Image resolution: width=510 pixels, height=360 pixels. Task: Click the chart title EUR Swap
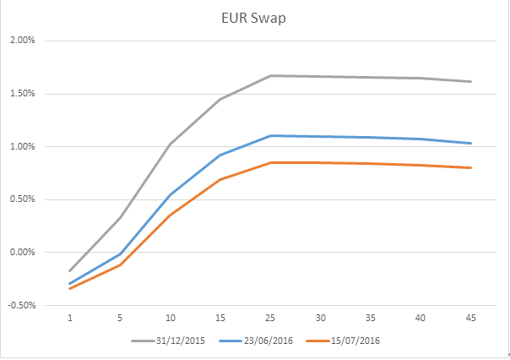click(x=254, y=18)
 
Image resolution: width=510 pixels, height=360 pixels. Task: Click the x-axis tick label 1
click(x=70, y=319)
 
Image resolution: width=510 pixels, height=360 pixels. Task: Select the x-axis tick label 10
click(x=170, y=319)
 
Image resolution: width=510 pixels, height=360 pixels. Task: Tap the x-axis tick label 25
click(x=270, y=319)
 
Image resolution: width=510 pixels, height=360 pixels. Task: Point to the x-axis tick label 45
click(x=470, y=319)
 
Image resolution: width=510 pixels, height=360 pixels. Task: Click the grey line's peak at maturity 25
click(x=270, y=76)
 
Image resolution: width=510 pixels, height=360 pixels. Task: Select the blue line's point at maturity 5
click(x=120, y=254)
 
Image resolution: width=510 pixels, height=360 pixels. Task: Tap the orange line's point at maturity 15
click(x=220, y=180)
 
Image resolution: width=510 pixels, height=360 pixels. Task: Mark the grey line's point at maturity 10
click(x=170, y=145)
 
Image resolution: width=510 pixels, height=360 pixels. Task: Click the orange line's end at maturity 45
click(x=470, y=167)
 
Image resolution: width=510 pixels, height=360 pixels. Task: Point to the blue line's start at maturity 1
click(x=70, y=284)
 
